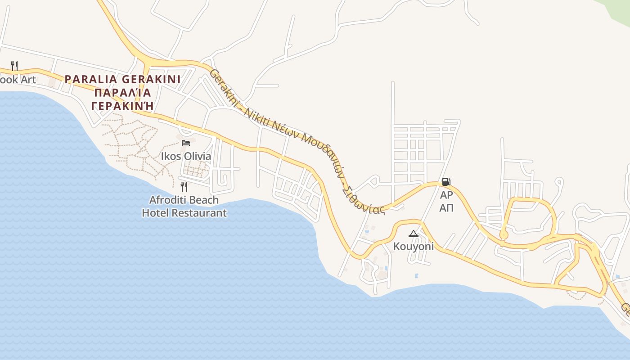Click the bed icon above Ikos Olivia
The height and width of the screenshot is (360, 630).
186,143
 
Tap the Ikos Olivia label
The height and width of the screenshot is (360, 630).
186,157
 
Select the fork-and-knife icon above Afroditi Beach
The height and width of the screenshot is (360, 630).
184,186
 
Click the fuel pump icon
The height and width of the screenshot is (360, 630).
446,182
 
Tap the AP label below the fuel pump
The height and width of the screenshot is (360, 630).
446,195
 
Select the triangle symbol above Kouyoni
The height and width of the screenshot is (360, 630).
414,234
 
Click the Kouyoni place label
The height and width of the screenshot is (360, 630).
414,247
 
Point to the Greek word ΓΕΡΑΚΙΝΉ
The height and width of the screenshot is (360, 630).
122,106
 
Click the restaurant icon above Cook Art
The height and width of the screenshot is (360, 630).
14,66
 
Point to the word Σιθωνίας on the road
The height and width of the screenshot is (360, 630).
363,201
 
